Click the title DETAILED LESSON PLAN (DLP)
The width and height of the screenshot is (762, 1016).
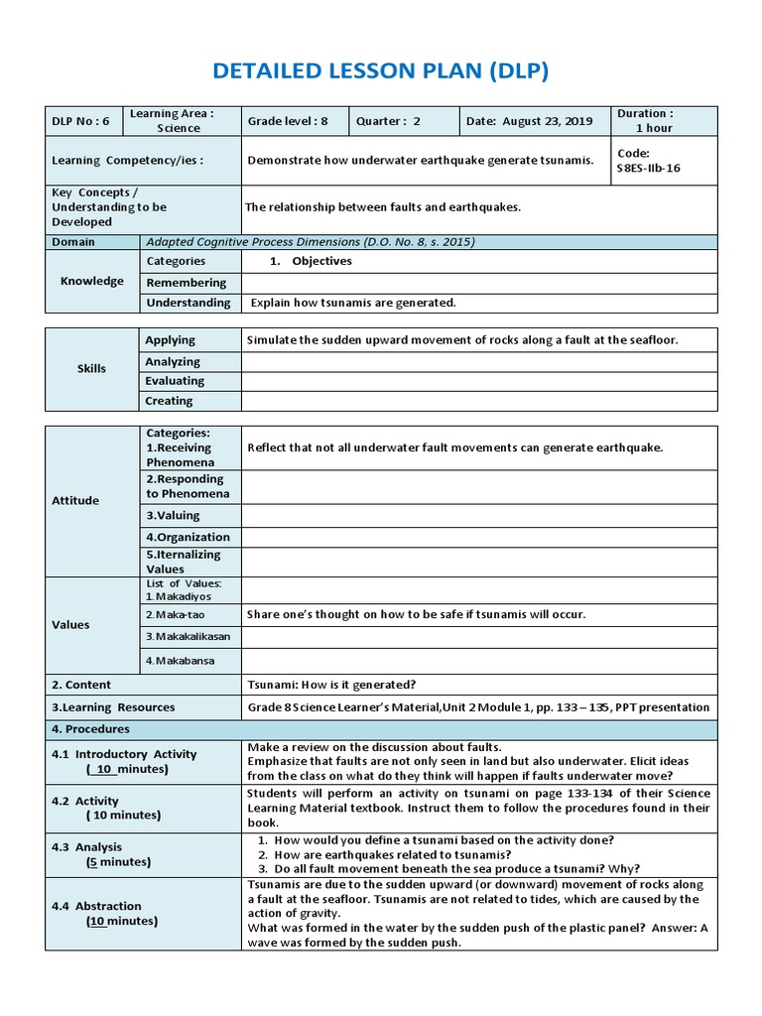tap(380, 71)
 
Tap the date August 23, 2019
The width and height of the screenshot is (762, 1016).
tap(529, 121)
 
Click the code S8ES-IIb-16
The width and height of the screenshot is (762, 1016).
tap(649, 168)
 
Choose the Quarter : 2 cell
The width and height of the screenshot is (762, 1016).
tap(389, 121)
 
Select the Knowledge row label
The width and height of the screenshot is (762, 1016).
tap(92, 281)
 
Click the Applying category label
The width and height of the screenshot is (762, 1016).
tap(171, 340)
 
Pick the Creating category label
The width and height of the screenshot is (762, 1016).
tap(170, 401)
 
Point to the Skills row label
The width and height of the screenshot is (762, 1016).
tap(91, 369)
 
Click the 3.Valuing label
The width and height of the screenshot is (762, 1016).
tap(173, 515)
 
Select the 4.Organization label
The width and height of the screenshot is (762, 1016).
tap(189, 537)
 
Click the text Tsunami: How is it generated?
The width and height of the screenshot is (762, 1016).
tap(331, 685)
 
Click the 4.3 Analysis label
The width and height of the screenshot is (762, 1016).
tap(87, 847)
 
